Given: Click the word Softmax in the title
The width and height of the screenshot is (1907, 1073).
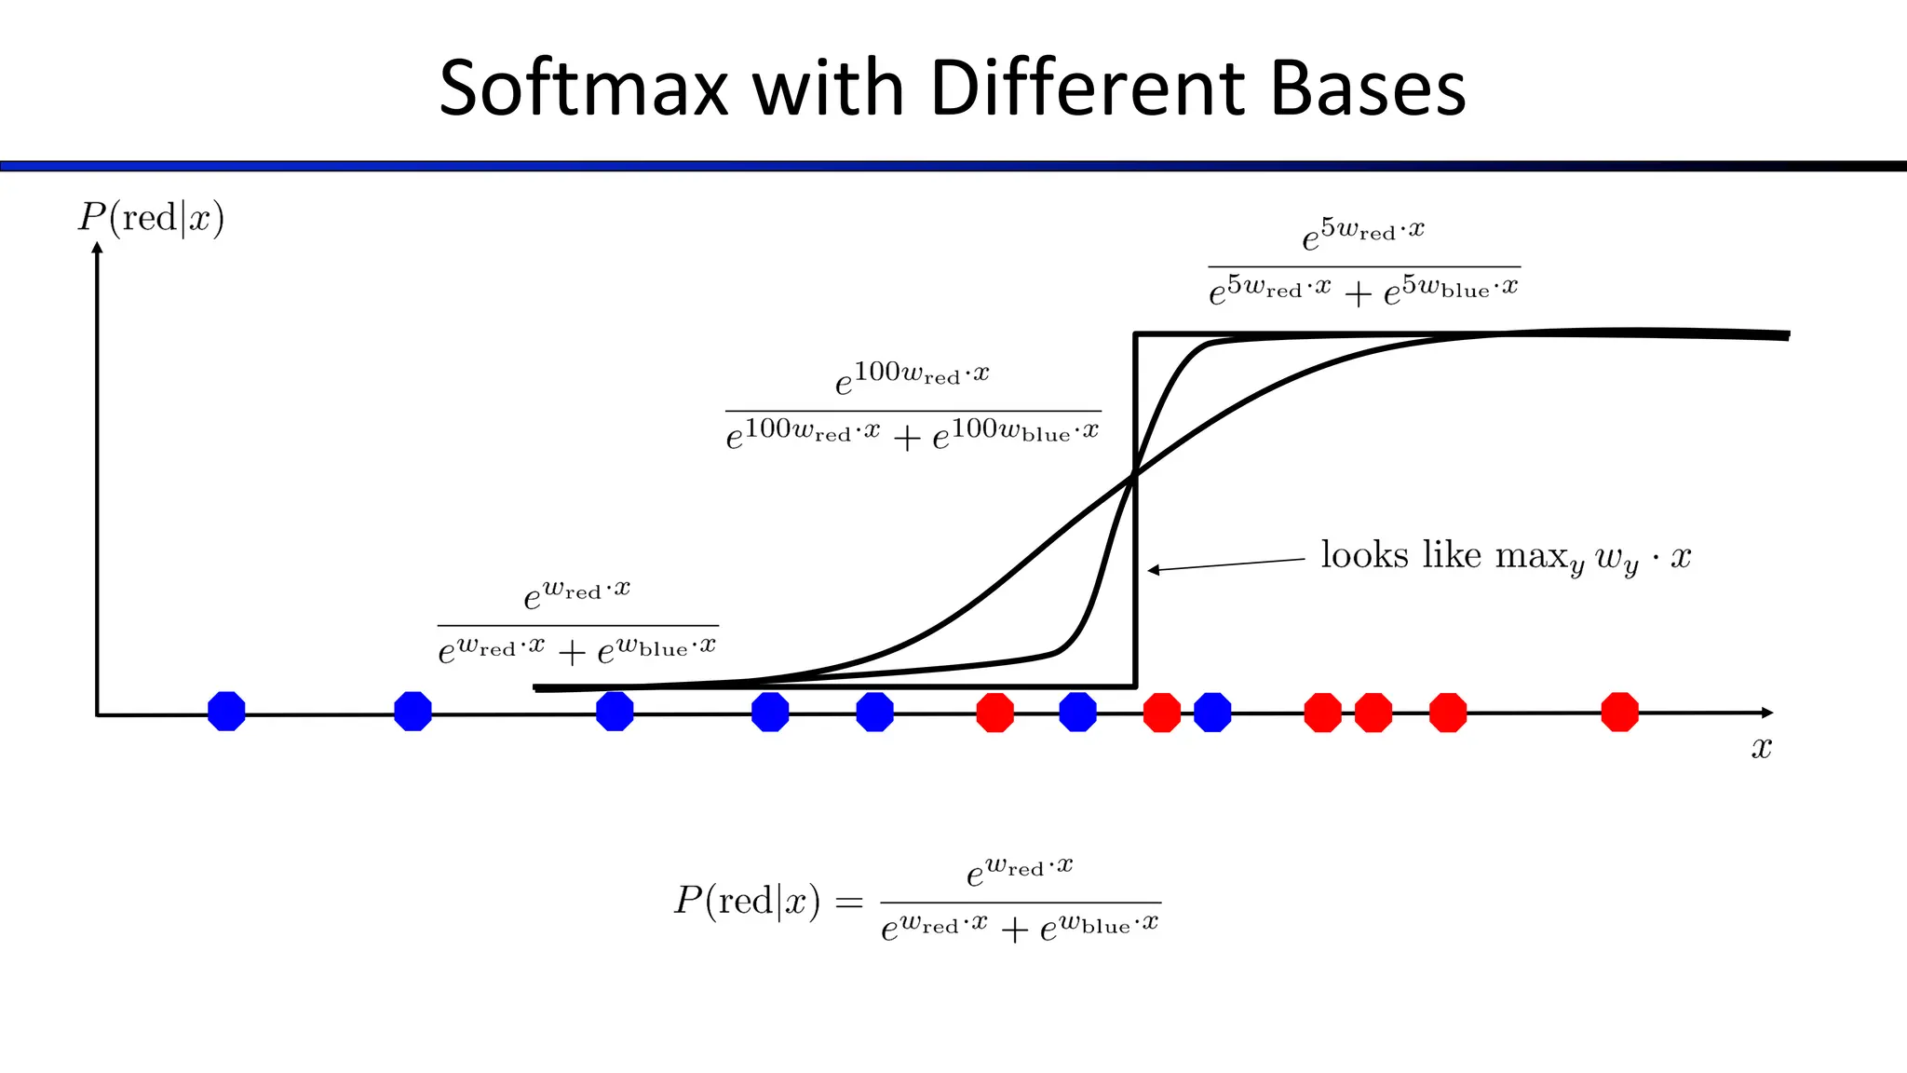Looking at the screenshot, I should (x=584, y=88).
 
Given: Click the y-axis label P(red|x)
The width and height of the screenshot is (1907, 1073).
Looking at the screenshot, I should (x=151, y=218).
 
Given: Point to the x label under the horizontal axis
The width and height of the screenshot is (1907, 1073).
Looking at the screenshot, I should (x=1761, y=747).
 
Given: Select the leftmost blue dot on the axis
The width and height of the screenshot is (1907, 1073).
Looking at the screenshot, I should (x=226, y=712).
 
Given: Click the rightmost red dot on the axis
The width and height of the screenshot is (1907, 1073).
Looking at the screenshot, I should (x=1619, y=712).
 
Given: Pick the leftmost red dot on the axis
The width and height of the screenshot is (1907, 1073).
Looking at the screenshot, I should (x=994, y=713).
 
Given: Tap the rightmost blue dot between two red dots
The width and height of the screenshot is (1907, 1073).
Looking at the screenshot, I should (x=1212, y=713).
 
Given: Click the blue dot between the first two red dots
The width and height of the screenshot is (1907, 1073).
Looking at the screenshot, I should (x=1077, y=713).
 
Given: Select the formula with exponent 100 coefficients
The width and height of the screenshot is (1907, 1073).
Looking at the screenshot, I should (x=913, y=407).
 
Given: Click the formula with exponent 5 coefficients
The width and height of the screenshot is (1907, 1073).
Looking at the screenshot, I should (x=1364, y=263).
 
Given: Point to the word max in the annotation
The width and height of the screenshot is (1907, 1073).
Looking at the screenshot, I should (x=1532, y=556).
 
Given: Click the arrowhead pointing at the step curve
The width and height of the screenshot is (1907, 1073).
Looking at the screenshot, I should (x=1153, y=570).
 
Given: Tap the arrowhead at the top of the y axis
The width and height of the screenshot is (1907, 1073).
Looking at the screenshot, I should (x=97, y=248).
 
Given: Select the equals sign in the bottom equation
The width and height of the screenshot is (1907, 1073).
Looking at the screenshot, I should (x=848, y=902).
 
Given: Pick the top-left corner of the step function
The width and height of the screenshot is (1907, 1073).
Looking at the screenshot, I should (x=1135, y=334).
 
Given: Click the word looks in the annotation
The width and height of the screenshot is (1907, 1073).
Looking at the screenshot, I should (x=1364, y=555).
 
